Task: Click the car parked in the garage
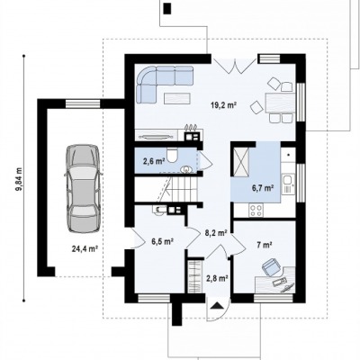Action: pyautogui.click(x=83, y=188)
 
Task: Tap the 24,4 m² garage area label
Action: pyautogui.click(x=85, y=248)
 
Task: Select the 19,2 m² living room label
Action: pyautogui.click(x=224, y=105)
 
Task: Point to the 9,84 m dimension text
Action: pyautogui.click(x=19, y=179)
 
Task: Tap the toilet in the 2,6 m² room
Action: pyautogui.click(x=172, y=155)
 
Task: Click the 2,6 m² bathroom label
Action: pyautogui.click(x=154, y=161)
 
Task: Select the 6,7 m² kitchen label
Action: pyautogui.click(x=262, y=188)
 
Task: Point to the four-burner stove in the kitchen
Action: pyautogui.click(x=256, y=210)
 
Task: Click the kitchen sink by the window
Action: pyautogui.click(x=287, y=180)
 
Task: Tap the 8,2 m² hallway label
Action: pyautogui.click(x=215, y=232)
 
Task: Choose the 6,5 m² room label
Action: pyautogui.click(x=163, y=241)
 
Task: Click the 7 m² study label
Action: pyautogui.click(x=264, y=245)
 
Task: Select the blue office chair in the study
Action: pyautogui.click(x=272, y=266)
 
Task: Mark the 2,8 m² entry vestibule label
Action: pyautogui.click(x=216, y=278)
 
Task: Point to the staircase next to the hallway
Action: pyautogui.click(x=176, y=189)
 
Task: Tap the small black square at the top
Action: pyautogui.click(x=167, y=8)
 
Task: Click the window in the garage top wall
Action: pyautogui.click(x=83, y=103)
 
